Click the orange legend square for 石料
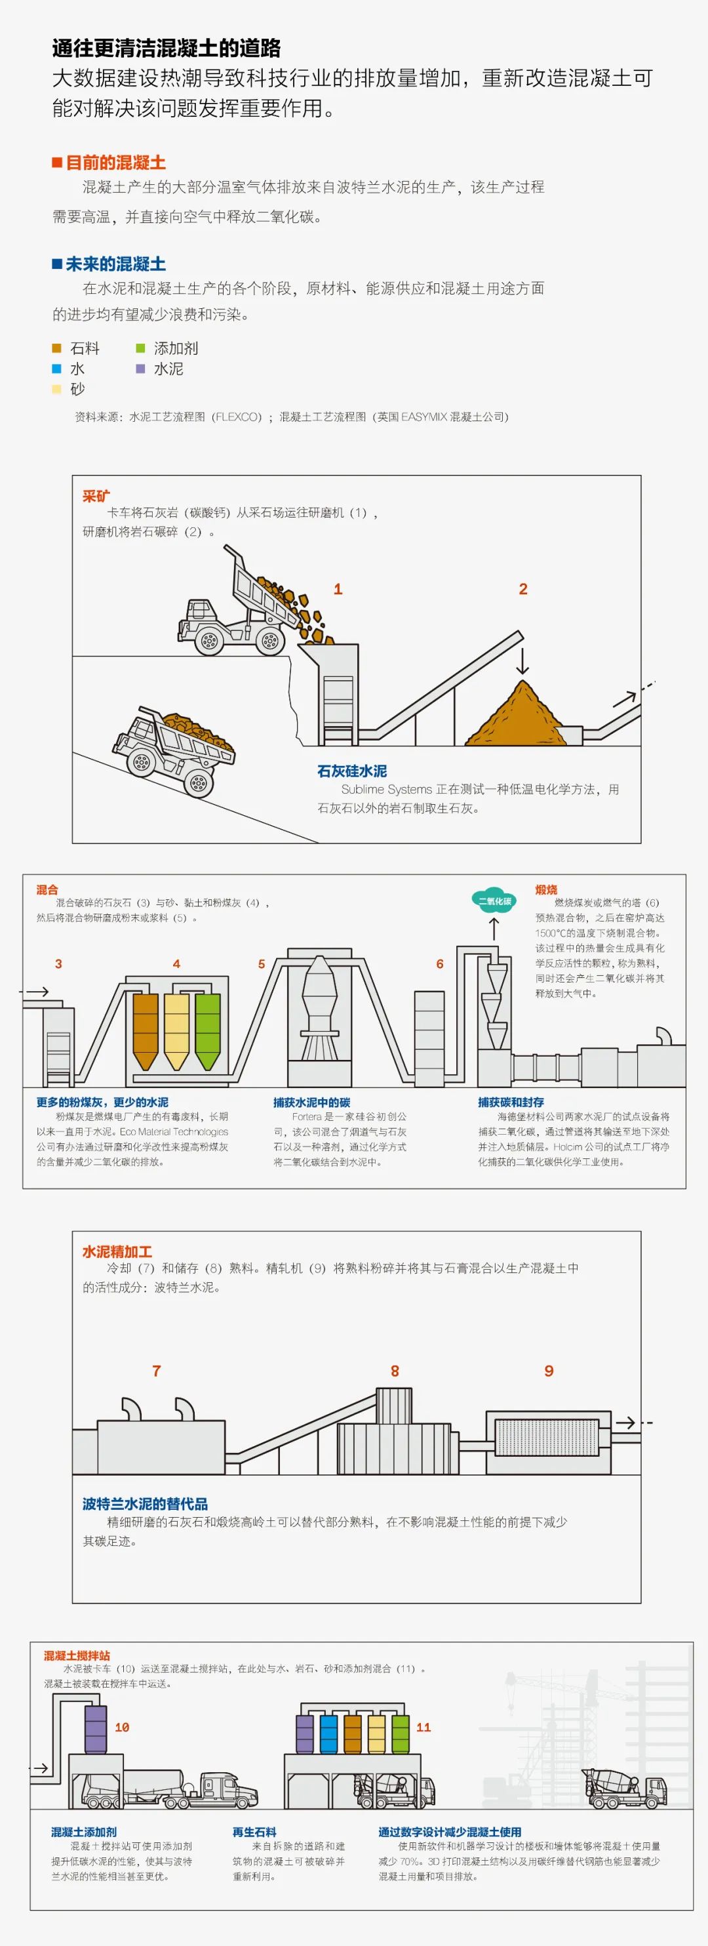pyautogui.click(x=56, y=348)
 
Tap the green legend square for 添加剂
pyautogui.click(x=140, y=348)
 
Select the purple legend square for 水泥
pyautogui.click(x=140, y=369)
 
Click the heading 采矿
pyautogui.click(x=96, y=497)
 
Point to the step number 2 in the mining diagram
pyautogui.click(x=523, y=589)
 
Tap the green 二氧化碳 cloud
pyautogui.click(x=494, y=901)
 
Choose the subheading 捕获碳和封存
pyautogui.click(x=510, y=1102)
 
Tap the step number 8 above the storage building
pyautogui.click(x=395, y=1371)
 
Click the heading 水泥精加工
pyautogui.click(x=117, y=1252)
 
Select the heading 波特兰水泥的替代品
pyautogui.click(x=145, y=1504)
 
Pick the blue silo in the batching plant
pyautogui.click(x=328, y=1734)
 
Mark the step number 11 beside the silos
pyautogui.click(x=423, y=1728)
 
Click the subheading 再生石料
pyautogui.click(x=254, y=1832)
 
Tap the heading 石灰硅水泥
pyautogui.click(x=352, y=771)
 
